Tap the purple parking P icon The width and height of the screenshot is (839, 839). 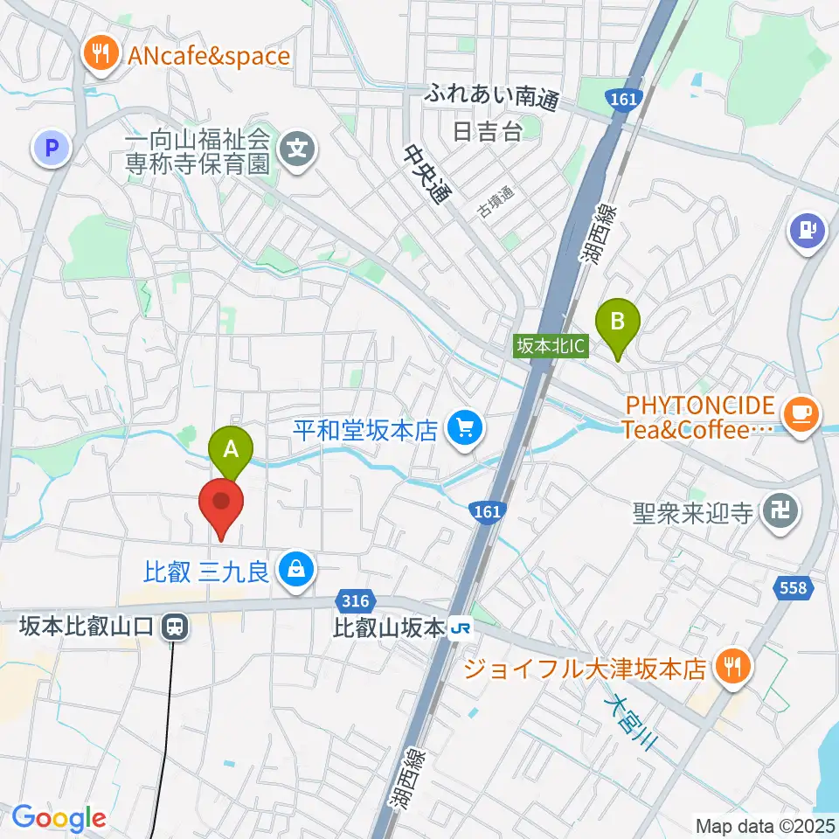click(x=52, y=148)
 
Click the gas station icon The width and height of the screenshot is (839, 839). click(x=808, y=231)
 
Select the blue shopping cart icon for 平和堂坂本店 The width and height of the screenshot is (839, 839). click(x=464, y=428)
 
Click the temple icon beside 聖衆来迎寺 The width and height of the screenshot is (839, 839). click(x=779, y=510)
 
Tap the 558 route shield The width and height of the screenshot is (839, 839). click(x=793, y=589)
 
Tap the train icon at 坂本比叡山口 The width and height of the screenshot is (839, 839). click(x=174, y=626)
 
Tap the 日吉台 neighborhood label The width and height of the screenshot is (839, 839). click(x=487, y=132)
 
